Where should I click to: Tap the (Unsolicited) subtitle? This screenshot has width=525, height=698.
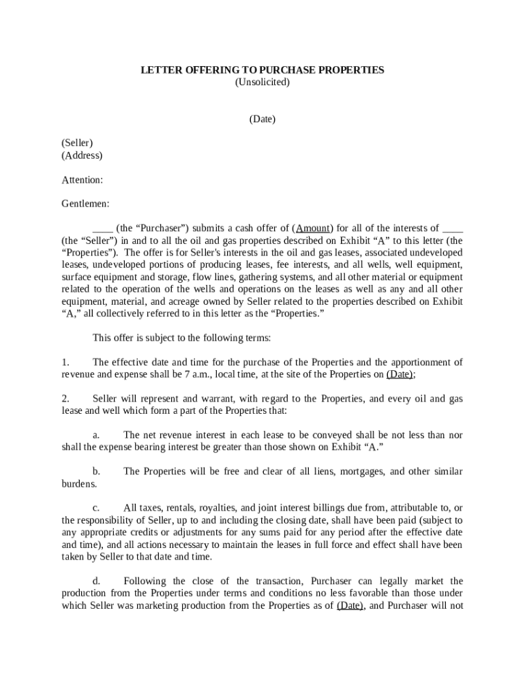262,82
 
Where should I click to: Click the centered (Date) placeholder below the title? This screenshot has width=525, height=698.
262,119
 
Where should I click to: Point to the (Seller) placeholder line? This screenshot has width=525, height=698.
77,143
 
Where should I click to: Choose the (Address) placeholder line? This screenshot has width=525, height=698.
82,155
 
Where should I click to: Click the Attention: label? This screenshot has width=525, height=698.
82,180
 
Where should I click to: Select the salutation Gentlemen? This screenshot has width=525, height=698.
85,204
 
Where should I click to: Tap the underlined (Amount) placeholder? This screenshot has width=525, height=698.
313,228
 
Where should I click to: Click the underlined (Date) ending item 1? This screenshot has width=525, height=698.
399,374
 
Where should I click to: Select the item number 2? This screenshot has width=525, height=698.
65,399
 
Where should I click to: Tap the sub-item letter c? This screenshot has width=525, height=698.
96,508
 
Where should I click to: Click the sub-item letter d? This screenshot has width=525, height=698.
96,581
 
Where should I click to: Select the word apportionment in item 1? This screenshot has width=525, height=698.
423,362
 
